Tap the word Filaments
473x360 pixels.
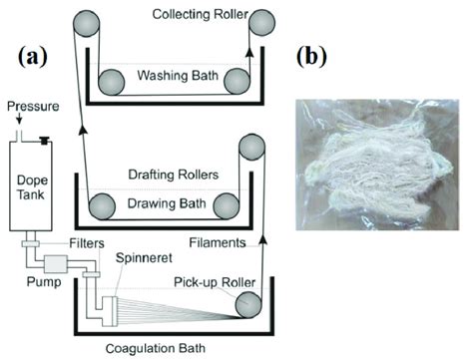click(217, 241)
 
